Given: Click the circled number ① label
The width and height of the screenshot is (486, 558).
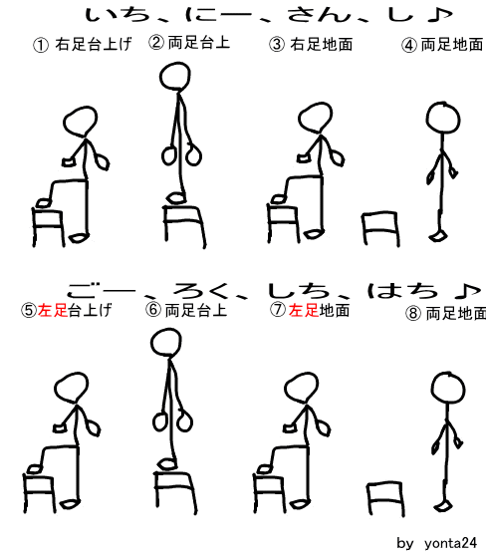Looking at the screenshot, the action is click(x=41, y=45).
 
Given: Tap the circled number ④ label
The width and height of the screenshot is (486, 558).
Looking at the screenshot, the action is click(x=409, y=45).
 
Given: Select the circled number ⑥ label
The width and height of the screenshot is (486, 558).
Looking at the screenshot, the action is click(x=153, y=309).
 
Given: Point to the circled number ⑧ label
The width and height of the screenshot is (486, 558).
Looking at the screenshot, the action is click(x=413, y=313).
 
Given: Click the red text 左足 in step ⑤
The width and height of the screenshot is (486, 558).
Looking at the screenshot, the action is click(x=53, y=310).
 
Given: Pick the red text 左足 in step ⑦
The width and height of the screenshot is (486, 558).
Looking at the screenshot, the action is click(x=304, y=310).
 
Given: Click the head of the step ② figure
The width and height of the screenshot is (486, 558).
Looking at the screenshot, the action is click(x=174, y=76).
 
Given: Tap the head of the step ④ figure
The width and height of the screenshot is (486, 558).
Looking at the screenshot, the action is click(x=443, y=119).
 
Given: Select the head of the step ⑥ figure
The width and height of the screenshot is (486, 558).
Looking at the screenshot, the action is click(x=165, y=342).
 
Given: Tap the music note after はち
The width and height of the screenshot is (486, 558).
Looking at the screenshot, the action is click(x=467, y=291).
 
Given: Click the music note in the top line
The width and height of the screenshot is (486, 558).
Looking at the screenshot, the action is click(x=440, y=15).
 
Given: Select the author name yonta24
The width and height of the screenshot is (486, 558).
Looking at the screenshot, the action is click(x=450, y=543).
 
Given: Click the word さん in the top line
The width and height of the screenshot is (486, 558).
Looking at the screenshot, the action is click(x=319, y=15).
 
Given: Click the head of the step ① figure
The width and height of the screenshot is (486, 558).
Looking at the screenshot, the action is click(x=81, y=122).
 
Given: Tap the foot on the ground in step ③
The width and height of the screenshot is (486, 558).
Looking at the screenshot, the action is click(x=314, y=234).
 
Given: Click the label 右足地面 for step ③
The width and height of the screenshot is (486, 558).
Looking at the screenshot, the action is click(x=322, y=45).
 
